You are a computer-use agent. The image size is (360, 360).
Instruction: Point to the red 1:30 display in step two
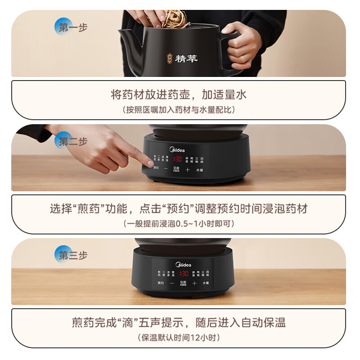point(177,159)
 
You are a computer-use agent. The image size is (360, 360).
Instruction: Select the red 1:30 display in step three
point(184,273)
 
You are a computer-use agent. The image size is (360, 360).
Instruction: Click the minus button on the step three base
point(172,283)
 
